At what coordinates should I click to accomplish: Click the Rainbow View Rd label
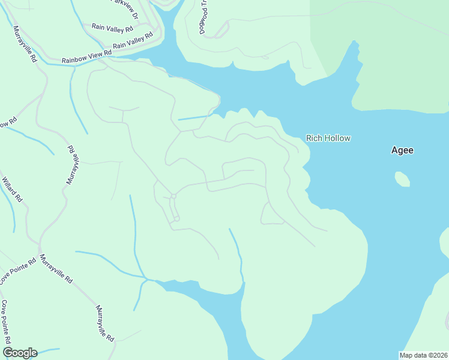tap(87, 57)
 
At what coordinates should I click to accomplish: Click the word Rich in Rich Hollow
tap(314, 138)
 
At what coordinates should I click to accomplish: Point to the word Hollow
tap(337, 138)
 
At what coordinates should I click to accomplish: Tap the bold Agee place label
tap(402, 151)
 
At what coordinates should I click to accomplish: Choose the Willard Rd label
tap(13, 189)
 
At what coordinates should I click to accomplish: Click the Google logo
tap(20, 353)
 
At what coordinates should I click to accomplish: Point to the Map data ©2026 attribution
tap(423, 355)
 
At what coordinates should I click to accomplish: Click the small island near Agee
tap(403, 179)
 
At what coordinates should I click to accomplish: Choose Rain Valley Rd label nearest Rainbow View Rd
tap(133, 40)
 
